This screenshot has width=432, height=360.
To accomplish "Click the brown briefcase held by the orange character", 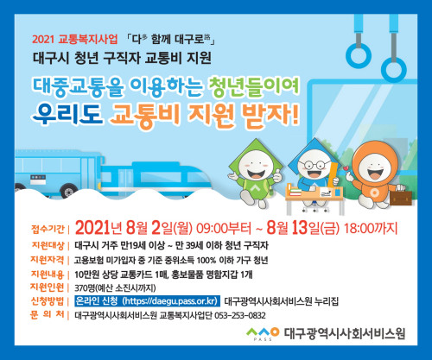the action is click(401, 197).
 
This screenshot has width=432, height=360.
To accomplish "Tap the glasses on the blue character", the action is click(314, 165).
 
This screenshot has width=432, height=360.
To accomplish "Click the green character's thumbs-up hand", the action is click(277, 175).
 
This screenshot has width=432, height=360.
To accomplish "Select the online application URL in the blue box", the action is click(171, 301).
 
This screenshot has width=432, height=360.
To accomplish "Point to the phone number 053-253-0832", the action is click(240, 316).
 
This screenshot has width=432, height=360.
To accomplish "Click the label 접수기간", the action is click(48, 229).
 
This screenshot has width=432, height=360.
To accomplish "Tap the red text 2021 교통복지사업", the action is click(75, 39).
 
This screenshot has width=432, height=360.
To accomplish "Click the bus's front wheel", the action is click(68, 190).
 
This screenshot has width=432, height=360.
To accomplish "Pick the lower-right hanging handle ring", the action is click(394, 70).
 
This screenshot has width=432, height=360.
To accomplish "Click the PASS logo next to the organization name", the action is click(263, 334).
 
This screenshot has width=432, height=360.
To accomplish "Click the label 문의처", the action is click(48, 314).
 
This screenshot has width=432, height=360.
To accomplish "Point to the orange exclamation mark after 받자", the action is click(295, 115).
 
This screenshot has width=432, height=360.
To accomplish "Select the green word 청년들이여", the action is click(253, 86).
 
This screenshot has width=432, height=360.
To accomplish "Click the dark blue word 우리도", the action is click(67, 114).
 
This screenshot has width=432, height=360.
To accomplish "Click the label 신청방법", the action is click(48, 301).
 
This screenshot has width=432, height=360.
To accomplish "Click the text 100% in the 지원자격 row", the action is click(206, 261).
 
